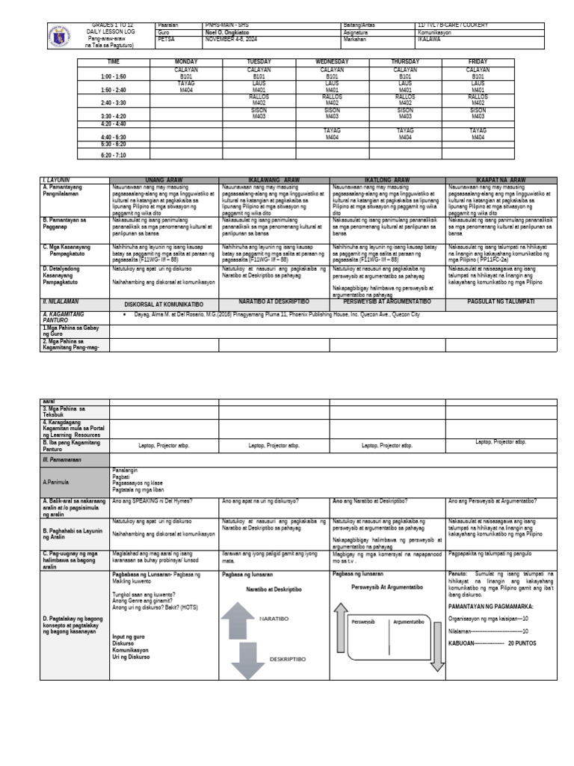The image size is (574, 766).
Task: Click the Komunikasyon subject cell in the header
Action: click(x=442, y=33)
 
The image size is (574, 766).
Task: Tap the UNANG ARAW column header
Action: click(x=164, y=180)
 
